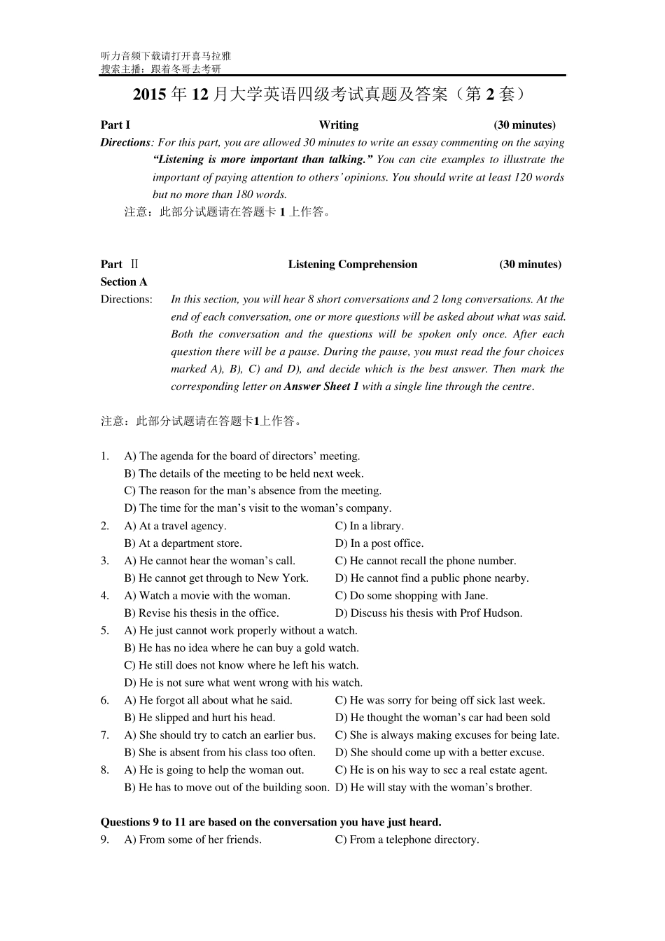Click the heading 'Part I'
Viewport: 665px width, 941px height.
[115, 125]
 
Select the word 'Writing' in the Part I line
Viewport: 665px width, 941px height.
[338, 125]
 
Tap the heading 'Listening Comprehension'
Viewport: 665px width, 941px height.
[352, 265]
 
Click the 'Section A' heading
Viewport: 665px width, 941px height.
[124, 282]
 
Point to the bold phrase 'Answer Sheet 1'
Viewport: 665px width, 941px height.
[321, 386]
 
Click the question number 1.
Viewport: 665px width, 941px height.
[105, 456]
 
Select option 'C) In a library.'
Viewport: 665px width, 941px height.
[369, 526]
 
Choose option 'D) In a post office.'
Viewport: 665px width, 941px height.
[379, 543]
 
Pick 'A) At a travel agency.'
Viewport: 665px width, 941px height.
[175, 526]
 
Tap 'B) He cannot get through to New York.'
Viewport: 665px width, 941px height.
[216, 578]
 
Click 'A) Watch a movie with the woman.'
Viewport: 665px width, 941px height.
[207, 596]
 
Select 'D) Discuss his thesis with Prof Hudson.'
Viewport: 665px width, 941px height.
[428, 613]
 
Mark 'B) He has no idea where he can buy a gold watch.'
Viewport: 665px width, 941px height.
[241, 648]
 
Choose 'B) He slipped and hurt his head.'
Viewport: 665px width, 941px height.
[199, 718]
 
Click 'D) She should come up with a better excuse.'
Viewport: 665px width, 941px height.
[440, 753]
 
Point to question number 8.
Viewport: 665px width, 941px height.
[105, 770]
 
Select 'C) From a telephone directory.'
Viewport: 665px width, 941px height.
[407, 840]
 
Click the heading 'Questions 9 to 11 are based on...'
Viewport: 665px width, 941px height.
[271, 823]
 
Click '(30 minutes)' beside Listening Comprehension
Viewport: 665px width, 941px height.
[530, 265]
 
